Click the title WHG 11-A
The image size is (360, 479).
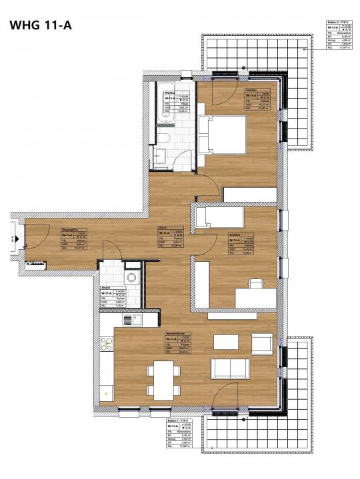pos(41,25)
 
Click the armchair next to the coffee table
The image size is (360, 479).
pos(261,344)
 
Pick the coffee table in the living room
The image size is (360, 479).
pos(225,342)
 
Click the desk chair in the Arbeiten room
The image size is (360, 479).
pos(255,285)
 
